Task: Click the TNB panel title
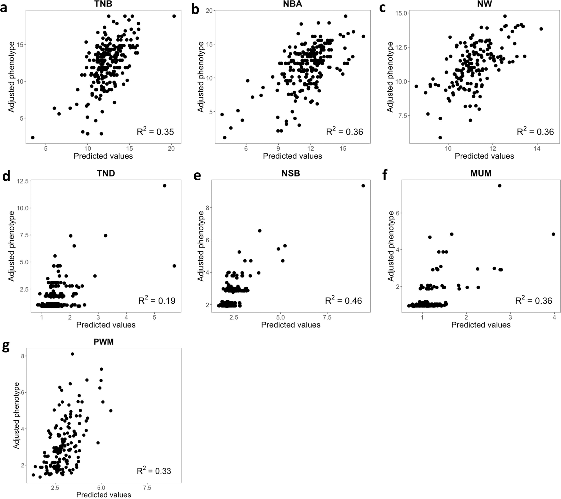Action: (103, 4)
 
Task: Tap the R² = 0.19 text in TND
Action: (157, 301)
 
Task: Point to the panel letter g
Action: (6, 347)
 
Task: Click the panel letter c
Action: (383, 8)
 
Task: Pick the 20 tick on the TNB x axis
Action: (171, 149)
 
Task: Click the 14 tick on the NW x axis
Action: (537, 149)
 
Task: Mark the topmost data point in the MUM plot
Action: (500, 186)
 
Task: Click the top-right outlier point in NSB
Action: (363, 186)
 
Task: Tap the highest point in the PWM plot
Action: (72, 354)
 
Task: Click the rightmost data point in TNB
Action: (174, 16)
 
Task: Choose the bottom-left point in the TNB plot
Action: (33, 138)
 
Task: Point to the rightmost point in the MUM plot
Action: (553, 234)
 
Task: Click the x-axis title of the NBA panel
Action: (292, 156)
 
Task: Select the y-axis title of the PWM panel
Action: (16, 415)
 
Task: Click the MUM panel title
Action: (481, 173)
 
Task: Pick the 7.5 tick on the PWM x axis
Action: (147, 488)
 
